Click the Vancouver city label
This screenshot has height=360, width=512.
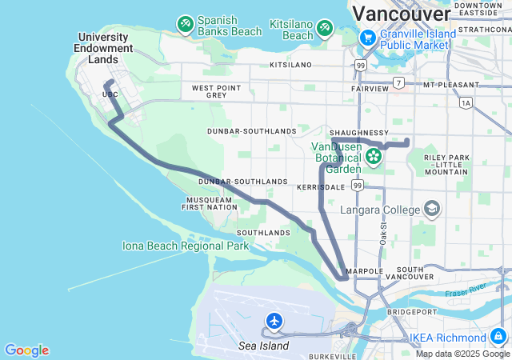[x=401, y=14]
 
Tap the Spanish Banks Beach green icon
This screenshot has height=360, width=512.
[x=186, y=25]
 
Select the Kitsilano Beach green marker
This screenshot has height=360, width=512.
[x=325, y=30]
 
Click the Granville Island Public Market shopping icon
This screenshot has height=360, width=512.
[x=367, y=38]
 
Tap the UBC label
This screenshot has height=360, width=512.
[x=110, y=94]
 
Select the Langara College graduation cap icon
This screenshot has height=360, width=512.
[x=432, y=210]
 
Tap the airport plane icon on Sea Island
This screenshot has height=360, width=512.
[x=274, y=322]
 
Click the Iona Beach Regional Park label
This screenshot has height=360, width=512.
[x=186, y=246]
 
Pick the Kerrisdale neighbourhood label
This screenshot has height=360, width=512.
[x=319, y=186]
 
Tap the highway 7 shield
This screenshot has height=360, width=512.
[x=398, y=83]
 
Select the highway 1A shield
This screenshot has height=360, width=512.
[x=466, y=102]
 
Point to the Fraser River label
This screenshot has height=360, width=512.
[x=467, y=289]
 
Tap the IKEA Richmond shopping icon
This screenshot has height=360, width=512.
[x=498, y=337]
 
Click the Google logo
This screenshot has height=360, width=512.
[x=26, y=350]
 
